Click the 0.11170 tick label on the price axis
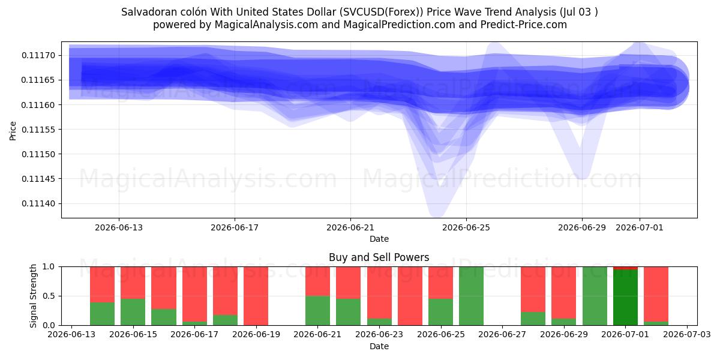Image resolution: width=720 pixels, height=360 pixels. pyautogui.click(x=38, y=56)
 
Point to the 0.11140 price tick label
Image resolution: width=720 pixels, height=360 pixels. pyautogui.click(x=38, y=203)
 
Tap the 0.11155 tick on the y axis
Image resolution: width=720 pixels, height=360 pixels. pyautogui.click(x=38, y=130)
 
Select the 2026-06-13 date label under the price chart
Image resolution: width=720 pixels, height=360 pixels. pyautogui.click(x=119, y=227)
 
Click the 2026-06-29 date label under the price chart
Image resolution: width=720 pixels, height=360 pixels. pyautogui.click(x=582, y=227)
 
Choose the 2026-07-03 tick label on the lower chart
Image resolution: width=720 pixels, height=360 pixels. pyautogui.click(x=687, y=334)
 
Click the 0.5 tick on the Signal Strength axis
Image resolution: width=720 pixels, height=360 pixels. pyautogui.click(x=49, y=296)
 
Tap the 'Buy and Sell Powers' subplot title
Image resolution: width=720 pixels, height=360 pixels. pyautogui.click(x=379, y=257)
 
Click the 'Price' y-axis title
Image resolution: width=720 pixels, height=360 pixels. pyautogui.click(x=13, y=131)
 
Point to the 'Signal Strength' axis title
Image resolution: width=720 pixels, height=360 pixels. pyautogui.click(x=33, y=296)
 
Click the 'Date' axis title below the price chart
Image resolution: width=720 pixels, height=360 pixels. pyautogui.click(x=379, y=239)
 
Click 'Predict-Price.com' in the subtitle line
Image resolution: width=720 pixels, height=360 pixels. pyautogui.click(x=524, y=25)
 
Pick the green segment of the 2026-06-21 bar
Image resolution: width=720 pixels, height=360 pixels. pyautogui.click(x=317, y=311)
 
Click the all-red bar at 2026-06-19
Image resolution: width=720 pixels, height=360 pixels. pyautogui.click(x=256, y=296)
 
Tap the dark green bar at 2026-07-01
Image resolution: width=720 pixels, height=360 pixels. pyautogui.click(x=625, y=298)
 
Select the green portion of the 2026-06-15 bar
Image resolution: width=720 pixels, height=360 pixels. pyautogui.click(x=133, y=312)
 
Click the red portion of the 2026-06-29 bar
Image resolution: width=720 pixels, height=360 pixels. pyautogui.click(x=564, y=293)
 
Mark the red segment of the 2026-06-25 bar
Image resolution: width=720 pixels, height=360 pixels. pyautogui.click(x=440, y=283)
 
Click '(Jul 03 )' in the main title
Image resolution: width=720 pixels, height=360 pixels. pyautogui.click(x=578, y=12)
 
